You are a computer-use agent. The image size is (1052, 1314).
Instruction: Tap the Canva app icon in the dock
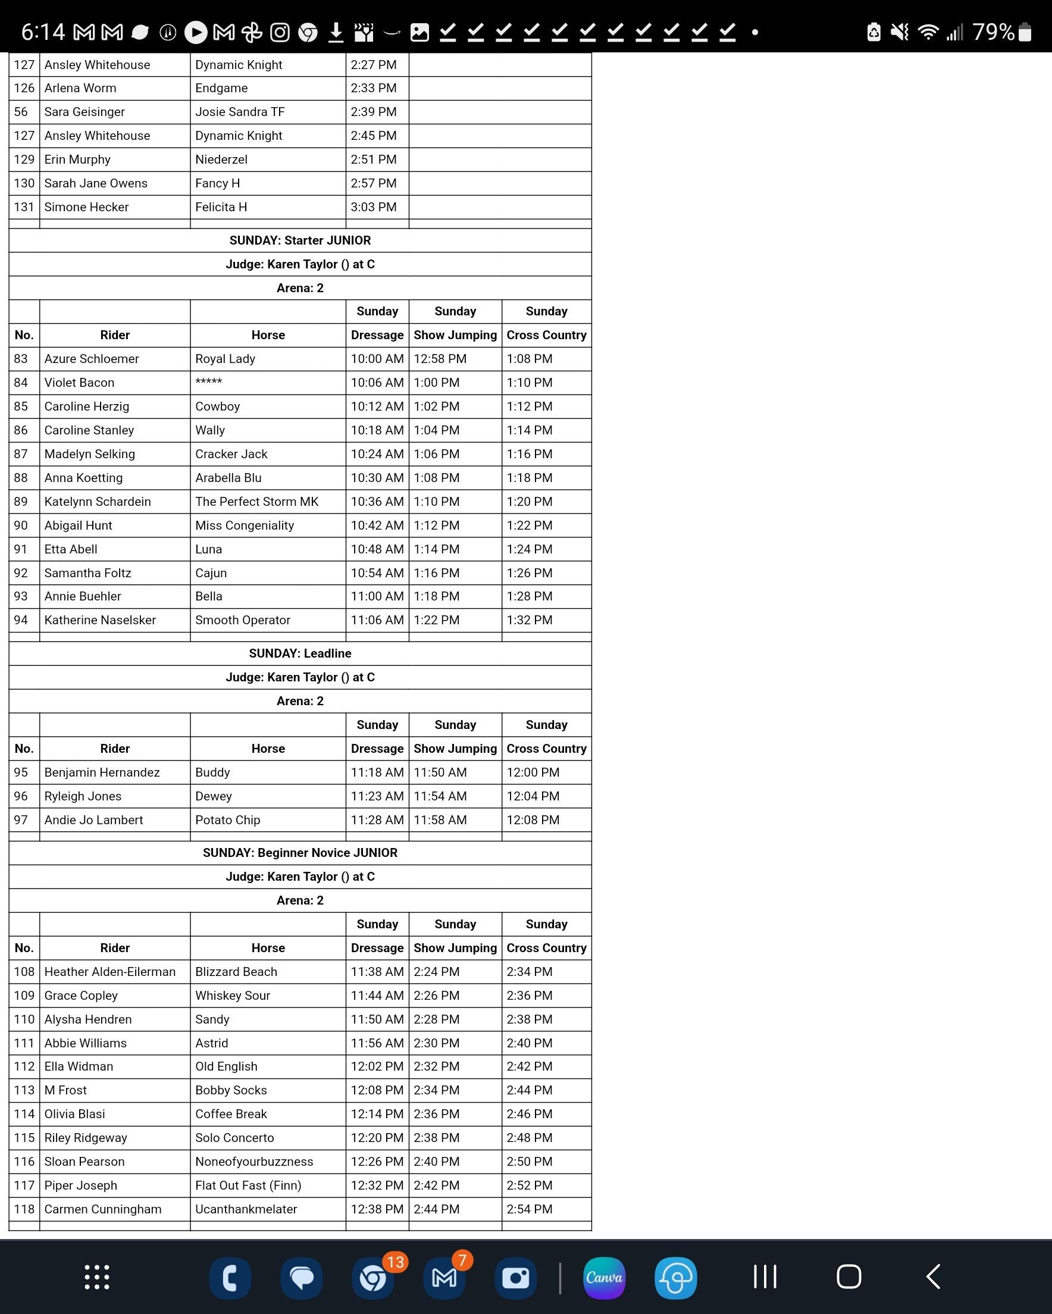(604, 1278)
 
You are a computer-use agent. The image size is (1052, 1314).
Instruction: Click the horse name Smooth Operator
(243, 620)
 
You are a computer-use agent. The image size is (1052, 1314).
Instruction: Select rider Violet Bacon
(79, 382)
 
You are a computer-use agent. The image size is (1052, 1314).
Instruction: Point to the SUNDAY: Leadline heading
(300, 653)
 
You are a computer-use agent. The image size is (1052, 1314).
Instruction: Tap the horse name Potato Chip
(227, 819)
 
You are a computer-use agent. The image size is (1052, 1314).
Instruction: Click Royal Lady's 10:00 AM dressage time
(377, 358)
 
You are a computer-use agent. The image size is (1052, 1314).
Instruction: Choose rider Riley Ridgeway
(86, 1137)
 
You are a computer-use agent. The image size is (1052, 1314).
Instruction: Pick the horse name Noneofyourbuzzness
(254, 1161)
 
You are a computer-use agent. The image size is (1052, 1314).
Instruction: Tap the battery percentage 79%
(994, 32)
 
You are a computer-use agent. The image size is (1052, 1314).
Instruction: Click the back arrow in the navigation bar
(932, 1277)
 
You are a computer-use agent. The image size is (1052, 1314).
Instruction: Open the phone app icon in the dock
(230, 1278)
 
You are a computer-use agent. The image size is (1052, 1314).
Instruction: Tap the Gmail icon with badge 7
(444, 1278)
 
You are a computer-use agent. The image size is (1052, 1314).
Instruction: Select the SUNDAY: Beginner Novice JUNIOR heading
(300, 853)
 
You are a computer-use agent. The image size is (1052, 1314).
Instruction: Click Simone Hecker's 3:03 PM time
(373, 207)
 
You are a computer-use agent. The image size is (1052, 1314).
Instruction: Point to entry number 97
(21, 819)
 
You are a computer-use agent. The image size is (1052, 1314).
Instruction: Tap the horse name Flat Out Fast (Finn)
(248, 1185)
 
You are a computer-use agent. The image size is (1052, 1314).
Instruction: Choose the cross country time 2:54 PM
(529, 1209)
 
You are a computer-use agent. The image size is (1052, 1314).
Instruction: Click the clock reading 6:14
(43, 32)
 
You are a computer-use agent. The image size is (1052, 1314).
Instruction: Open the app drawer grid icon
(97, 1277)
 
